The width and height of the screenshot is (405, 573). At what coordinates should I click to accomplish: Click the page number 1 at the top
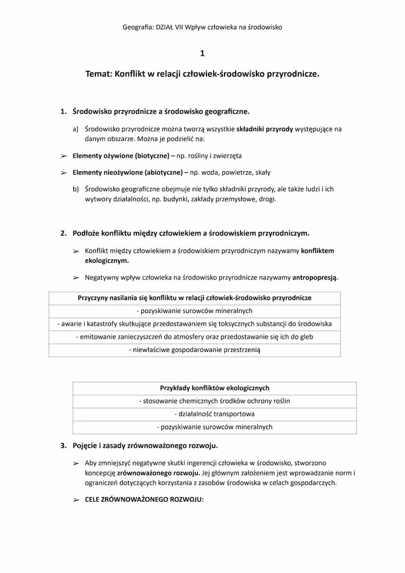pyautogui.click(x=202, y=53)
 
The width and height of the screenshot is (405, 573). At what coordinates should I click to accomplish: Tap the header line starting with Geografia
pyautogui.click(x=202, y=27)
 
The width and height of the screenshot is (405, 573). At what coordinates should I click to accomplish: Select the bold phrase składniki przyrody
pyautogui.click(x=265, y=130)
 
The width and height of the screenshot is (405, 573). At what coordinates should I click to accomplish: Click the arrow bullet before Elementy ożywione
pyautogui.click(x=64, y=156)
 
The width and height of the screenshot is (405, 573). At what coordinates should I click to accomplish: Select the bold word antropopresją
pyautogui.click(x=315, y=277)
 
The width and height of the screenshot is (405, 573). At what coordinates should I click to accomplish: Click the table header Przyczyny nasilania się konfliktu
pyautogui.click(x=195, y=298)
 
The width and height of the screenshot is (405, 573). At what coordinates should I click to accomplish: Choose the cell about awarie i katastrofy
pyautogui.click(x=195, y=324)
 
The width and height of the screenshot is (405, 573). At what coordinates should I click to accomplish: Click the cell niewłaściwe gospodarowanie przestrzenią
pyautogui.click(x=195, y=350)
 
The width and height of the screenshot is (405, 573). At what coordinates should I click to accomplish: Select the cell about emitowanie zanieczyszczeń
pyautogui.click(x=195, y=337)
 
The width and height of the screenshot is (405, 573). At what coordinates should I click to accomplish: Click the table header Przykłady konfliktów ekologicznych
pyautogui.click(x=215, y=388)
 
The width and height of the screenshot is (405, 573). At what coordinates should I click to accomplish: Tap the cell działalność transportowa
pyautogui.click(x=215, y=414)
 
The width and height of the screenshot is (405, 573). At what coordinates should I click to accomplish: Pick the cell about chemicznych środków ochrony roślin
pyautogui.click(x=215, y=401)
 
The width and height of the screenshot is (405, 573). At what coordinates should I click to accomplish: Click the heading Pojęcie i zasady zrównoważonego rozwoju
pyautogui.click(x=145, y=446)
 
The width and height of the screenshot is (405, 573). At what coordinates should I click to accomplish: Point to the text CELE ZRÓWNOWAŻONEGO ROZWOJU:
pyautogui.click(x=144, y=500)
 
